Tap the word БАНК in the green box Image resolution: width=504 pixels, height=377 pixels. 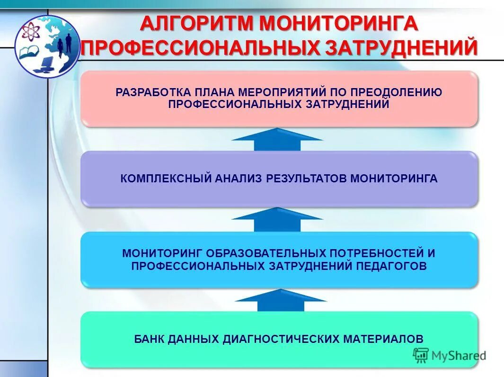[149, 339]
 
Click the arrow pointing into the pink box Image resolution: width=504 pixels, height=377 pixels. [277, 139]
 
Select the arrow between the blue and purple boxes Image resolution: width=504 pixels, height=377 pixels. [277, 220]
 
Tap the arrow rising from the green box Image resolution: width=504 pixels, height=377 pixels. [280, 300]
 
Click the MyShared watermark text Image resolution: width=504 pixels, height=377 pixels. [458, 356]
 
